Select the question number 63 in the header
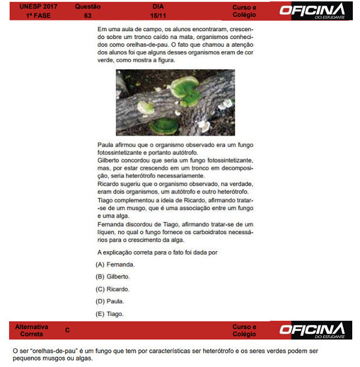click(88, 14)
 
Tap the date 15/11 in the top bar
click(158, 14)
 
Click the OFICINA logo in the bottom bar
click(313, 330)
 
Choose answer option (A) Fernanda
click(115, 264)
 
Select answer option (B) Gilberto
click(114, 277)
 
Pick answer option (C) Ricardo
click(114, 289)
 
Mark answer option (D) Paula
click(111, 301)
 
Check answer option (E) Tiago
click(111, 314)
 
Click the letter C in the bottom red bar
click(67, 330)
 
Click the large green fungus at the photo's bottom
click(163, 126)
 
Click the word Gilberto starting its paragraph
click(109, 161)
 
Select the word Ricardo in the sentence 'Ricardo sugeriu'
click(108, 184)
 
